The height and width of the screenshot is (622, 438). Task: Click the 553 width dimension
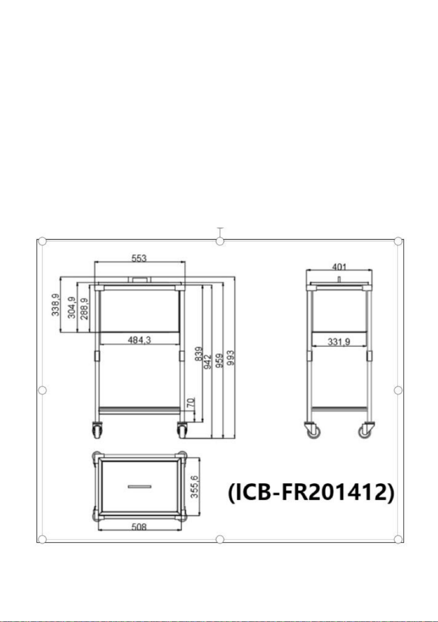pos(139,258)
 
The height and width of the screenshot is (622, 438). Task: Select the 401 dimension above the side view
pos(339,267)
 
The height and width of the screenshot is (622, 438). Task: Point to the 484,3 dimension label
pos(139,340)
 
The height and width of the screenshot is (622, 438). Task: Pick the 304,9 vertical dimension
pos(71,307)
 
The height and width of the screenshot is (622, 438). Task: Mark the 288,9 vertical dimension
pos(84,309)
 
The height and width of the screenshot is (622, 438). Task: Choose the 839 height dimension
pos(199,354)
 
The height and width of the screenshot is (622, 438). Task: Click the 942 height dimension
pos(207,362)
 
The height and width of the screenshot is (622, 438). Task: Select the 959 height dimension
pos(219,361)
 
